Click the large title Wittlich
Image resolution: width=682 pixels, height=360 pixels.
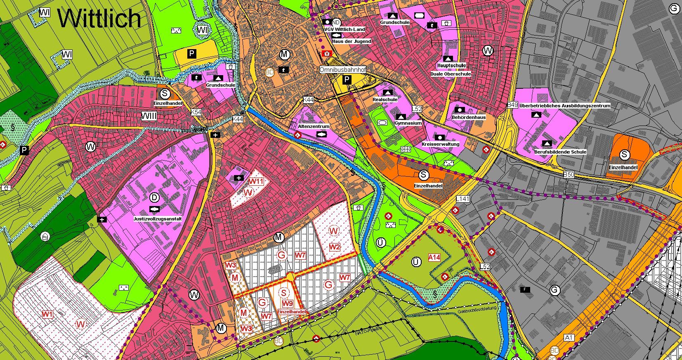coord(99,18)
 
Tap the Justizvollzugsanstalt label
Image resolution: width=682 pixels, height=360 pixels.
coord(158,219)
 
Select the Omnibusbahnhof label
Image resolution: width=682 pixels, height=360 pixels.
coord(342,70)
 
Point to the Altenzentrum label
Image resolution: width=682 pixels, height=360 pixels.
coord(314,126)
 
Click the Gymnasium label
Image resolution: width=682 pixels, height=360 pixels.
coord(408,123)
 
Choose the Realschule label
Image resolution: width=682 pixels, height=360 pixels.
coord(385,99)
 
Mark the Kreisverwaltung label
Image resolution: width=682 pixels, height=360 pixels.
coord(441,144)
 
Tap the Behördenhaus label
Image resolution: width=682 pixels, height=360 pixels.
coord(469,117)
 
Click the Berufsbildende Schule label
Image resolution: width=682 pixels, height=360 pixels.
coord(560,152)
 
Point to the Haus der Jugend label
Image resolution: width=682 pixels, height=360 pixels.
coord(352,41)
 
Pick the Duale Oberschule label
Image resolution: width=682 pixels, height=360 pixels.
coord(451,74)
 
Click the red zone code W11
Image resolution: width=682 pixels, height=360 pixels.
coord(256,181)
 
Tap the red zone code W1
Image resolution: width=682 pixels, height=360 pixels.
coord(47,314)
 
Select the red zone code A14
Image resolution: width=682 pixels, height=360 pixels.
coord(434,257)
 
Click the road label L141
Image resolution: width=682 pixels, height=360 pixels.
coord(463,199)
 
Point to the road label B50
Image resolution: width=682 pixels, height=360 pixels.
coord(569,175)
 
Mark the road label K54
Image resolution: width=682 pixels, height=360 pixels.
coord(196,112)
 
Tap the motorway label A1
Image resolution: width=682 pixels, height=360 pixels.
coord(569,338)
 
